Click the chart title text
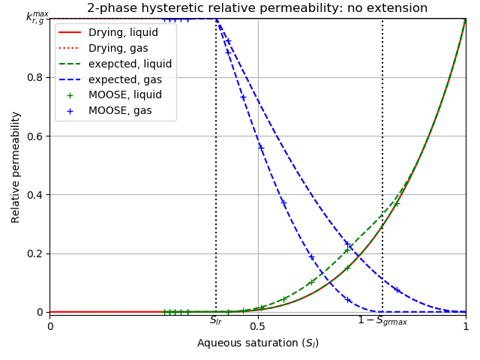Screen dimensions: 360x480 coord(257,8)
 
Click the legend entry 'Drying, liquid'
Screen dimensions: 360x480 coord(123,33)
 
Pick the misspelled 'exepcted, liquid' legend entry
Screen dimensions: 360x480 coord(130,64)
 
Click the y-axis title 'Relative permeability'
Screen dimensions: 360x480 coord(16,166)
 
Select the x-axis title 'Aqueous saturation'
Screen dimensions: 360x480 coord(257,343)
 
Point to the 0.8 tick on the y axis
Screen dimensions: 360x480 coord(36,77)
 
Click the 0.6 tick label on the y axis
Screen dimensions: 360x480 coord(36,136)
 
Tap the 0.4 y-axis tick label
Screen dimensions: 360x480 coord(36,194)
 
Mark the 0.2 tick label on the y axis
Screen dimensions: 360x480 coord(36,253)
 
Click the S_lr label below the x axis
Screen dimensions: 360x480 coord(216,321)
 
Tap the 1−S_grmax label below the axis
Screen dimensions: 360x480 coord(382,321)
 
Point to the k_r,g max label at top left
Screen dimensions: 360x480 coord(36,16)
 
